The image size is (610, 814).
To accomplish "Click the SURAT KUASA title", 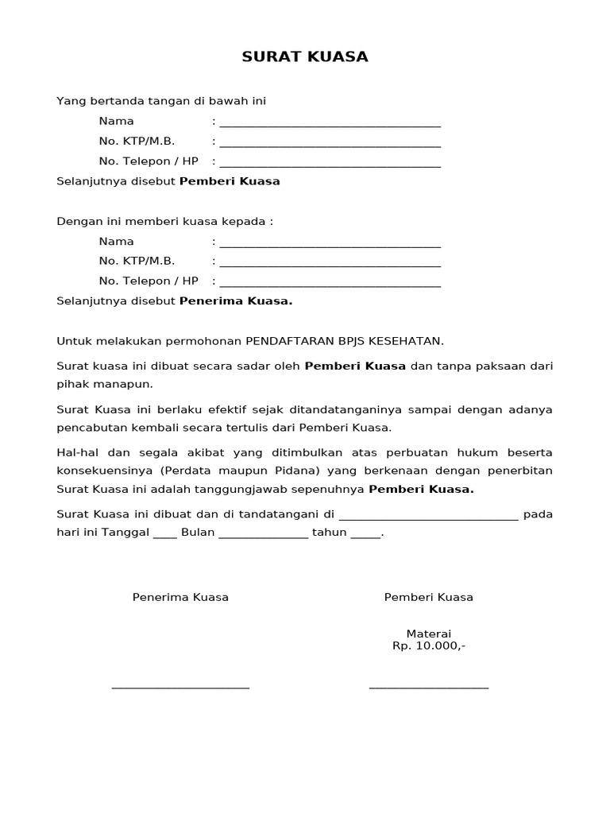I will tap(305, 57).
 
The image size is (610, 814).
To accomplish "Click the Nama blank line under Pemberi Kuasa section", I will tap(330, 125).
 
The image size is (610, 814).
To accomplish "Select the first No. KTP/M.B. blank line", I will tap(330, 145).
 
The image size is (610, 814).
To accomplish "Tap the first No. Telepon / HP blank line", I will tap(330, 165).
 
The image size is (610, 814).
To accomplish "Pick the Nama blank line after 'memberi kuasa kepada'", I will tap(330, 245).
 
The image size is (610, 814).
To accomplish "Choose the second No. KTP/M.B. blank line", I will tap(330, 265).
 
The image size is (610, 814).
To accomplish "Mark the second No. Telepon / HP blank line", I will tap(330, 285).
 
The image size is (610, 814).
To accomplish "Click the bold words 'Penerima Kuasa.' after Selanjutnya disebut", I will tap(236, 301).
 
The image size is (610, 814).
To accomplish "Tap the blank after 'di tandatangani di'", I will tap(428, 517).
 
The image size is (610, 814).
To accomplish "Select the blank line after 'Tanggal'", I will tap(165, 536).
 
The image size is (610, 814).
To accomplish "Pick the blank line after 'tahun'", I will tap(365, 536).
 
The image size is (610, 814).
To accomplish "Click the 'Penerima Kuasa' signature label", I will tap(180, 597).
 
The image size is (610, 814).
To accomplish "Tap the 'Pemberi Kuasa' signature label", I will tap(429, 597).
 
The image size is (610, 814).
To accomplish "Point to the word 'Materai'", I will tap(429, 634).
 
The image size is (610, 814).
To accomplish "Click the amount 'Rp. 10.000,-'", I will tap(429, 645).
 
